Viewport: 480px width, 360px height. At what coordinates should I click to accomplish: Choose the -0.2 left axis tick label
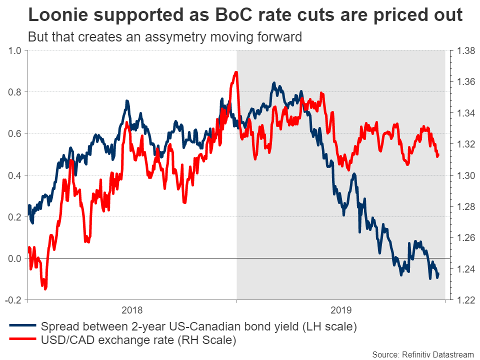pyautogui.click(x=13, y=300)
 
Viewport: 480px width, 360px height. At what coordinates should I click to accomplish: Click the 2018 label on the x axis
pyautogui.click(x=132, y=309)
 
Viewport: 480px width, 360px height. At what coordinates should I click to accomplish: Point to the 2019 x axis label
pyautogui.click(x=341, y=309)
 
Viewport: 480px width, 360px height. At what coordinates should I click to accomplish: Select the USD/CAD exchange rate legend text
pyautogui.click(x=138, y=340)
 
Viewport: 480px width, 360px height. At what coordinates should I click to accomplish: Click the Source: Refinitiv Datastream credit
pyautogui.click(x=419, y=354)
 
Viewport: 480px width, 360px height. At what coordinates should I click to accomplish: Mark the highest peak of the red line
pyautogui.click(x=235, y=72)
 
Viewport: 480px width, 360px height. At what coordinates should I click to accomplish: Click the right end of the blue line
pyautogui.click(x=438, y=273)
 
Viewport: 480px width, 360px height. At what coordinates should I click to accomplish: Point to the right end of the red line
pyautogui.click(x=438, y=155)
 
